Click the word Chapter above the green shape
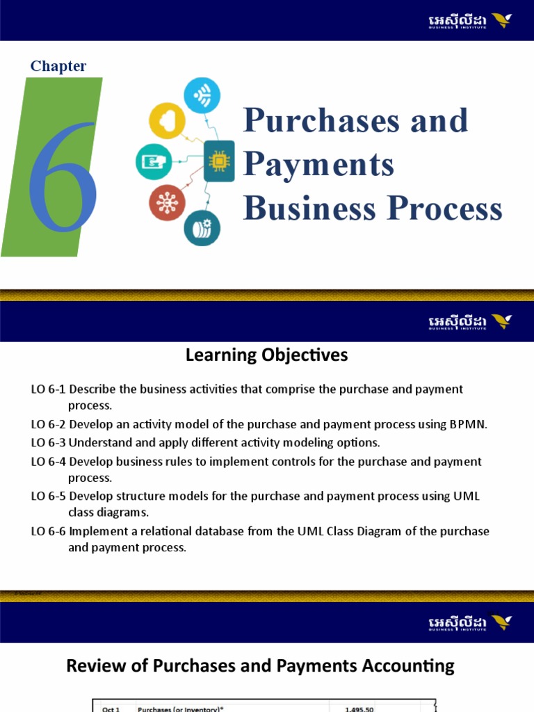pyautogui.click(x=58, y=66)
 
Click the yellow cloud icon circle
pyautogui.click(x=167, y=120)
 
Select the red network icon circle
pyautogui.click(x=167, y=202)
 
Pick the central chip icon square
pyautogui.click(x=218, y=161)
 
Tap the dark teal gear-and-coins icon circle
pyautogui.click(x=202, y=227)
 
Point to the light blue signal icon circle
pyautogui.click(x=202, y=95)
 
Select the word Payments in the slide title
pyautogui.click(x=318, y=165)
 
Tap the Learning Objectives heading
pyautogui.click(x=266, y=355)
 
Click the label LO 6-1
pyautogui.click(x=48, y=389)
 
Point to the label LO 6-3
pyautogui.click(x=48, y=442)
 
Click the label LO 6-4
pyautogui.click(x=48, y=461)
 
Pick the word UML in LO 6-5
pyautogui.click(x=466, y=496)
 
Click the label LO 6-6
pyautogui.click(x=48, y=531)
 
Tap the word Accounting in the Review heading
pyautogui.click(x=411, y=666)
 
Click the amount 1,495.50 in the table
pyautogui.click(x=362, y=709)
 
